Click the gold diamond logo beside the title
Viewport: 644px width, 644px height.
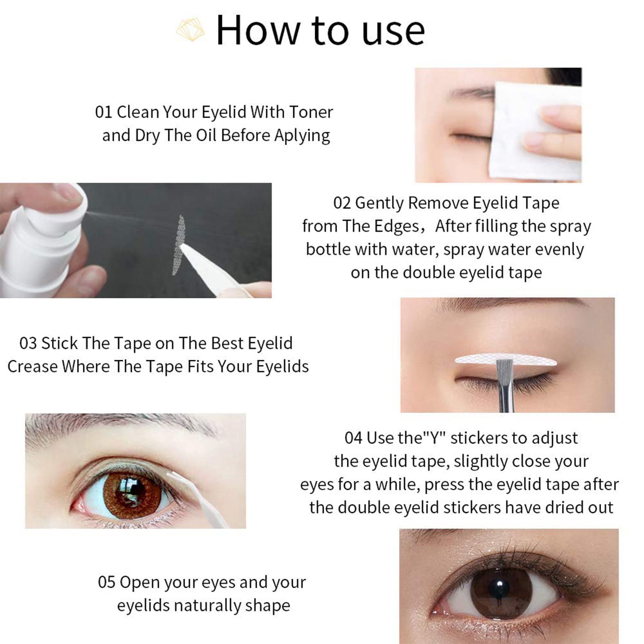click(190, 29)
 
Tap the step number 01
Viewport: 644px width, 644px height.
click(103, 112)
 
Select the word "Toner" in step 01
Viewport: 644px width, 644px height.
click(311, 112)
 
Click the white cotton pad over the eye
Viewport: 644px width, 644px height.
click(537, 131)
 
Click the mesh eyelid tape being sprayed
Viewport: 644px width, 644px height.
click(179, 245)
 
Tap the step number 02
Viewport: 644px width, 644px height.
click(342, 203)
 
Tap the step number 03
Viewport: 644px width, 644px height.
click(28, 343)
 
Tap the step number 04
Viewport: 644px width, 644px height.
click(353, 438)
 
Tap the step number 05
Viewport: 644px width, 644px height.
click(106, 583)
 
